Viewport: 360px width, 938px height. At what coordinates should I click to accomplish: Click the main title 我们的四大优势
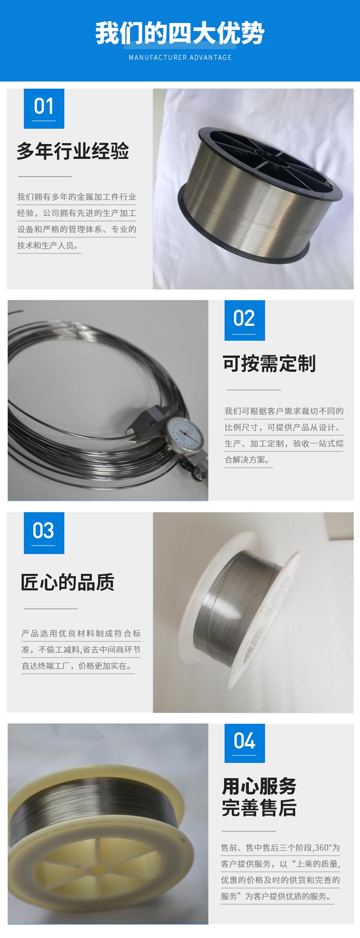pyautogui.click(x=180, y=33)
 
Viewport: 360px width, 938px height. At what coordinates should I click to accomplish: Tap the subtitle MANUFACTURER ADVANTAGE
pyautogui.click(x=180, y=58)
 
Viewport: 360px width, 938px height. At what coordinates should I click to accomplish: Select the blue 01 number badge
pyautogui.click(x=44, y=108)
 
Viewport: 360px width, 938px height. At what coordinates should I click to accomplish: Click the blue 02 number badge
pyautogui.click(x=245, y=320)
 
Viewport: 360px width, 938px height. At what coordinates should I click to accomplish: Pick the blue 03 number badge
pyautogui.click(x=44, y=533)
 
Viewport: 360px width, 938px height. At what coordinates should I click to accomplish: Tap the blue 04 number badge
pyautogui.click(x=245, y=743)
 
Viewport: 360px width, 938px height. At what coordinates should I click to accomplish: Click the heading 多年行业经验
pyautogui.click(x=73, y=151)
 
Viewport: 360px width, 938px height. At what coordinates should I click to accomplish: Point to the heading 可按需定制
pyautogui.click(x=269, y=363)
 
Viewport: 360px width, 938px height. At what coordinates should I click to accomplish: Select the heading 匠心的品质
pyautogui.click(x=68, y=582)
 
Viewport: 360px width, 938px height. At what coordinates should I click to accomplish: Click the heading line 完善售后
pyautogui.click(x=259, y=808)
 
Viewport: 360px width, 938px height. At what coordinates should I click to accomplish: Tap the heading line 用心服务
pyautogui.click(x=259, y=786)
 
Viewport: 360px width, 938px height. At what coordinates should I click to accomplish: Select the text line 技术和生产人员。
pyautogui.click(x=48, y=245)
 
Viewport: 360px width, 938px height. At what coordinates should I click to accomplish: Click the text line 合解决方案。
pyautogui.click(x=248, y=459)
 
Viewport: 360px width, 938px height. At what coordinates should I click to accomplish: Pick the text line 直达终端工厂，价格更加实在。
pyautogui.click(x=77, y=666)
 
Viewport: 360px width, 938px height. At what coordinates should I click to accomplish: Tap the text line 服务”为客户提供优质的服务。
pyautogui.click(x=276, y=896)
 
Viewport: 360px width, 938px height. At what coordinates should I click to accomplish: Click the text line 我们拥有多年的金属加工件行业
pyautogui.click(x=77, y=197)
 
